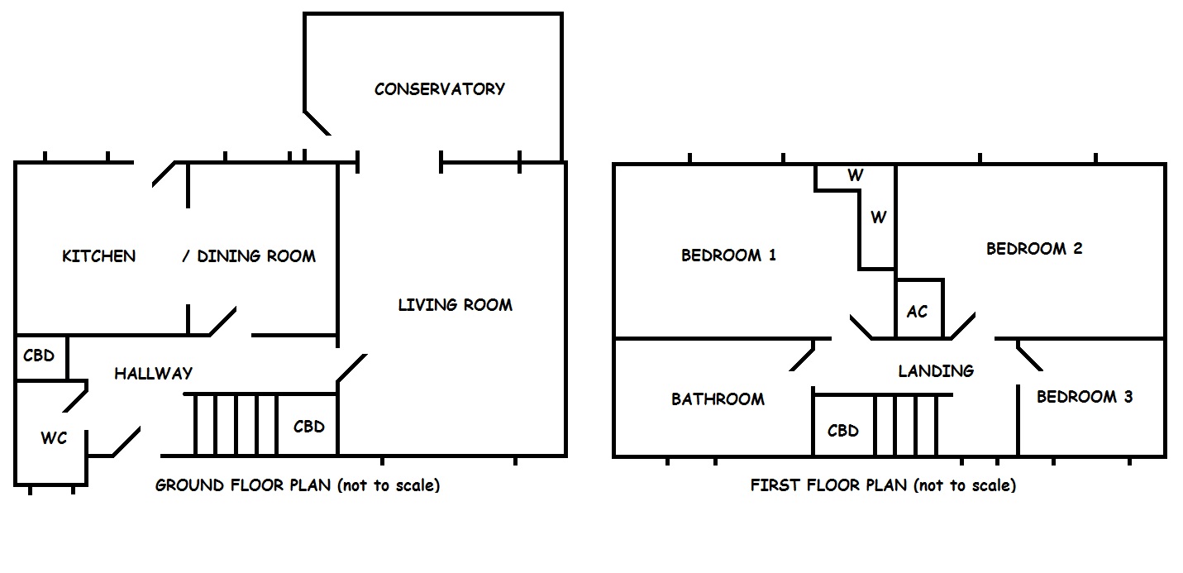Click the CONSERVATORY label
click(x=439, y=89)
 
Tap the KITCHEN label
click(x=98, y=256)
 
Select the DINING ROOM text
click(x=256, y=256)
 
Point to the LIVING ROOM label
click(x=455, y=305)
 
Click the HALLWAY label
click(x=153, y=374)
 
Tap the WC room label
click(x=54, y=438)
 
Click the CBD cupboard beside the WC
click(x=39, y=356)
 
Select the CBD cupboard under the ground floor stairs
click(x=308, y=427)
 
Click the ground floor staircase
click(x=235, y=425)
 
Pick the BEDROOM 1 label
click(x=728, y=255)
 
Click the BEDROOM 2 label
click(x=1034, y=249)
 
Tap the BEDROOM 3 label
click(x=1085, y=397)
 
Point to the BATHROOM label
click(x=718, y=399)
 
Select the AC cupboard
click(x=918, y=312)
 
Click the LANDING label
click(x=936, y=371)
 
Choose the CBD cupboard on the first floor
click(x=842, y=431)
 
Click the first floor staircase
click(x=905, y=425)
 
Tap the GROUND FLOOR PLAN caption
click(x=298, y=485)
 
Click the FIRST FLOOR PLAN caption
click(x=883, y=485)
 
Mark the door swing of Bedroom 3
click(x=1028, y=356)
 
